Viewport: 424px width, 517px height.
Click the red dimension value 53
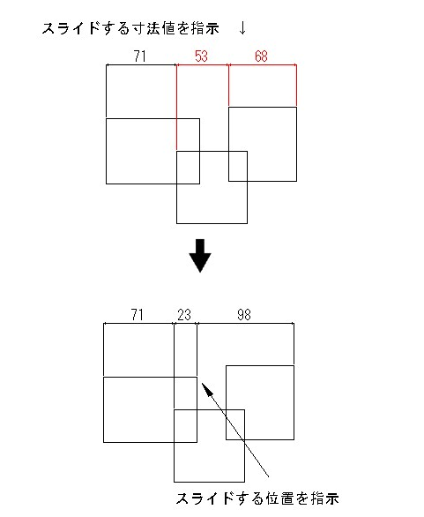coord(201,56)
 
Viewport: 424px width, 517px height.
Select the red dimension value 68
coord(261,56)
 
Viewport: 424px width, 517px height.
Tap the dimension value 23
coord(184,315)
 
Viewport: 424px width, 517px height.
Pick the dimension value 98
coord(244,315)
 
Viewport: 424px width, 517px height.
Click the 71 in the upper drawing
coord(140,56)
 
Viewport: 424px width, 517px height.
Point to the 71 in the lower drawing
coord(137,315)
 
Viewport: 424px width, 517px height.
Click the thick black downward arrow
coord(200,256)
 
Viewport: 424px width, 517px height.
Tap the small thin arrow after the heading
coord(242,29)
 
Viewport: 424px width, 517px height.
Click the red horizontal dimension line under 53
coord(203,65)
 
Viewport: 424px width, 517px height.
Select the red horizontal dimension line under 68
coord(263,65)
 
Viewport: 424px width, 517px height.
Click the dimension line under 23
coord(185,324)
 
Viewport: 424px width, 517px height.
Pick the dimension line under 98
coord(245,324)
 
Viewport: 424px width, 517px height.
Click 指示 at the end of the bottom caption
coord(325,498)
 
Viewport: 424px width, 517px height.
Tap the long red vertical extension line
coord(177,108)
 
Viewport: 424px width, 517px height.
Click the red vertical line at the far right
coord(296,85)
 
